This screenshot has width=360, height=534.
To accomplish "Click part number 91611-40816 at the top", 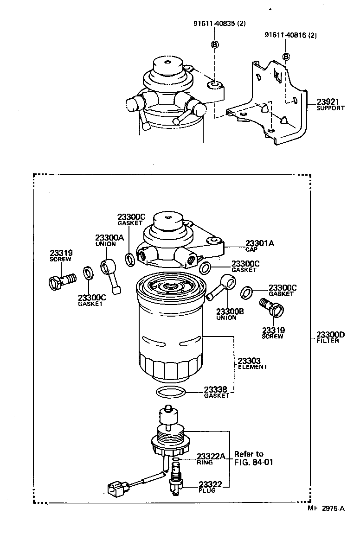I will click(291, 35).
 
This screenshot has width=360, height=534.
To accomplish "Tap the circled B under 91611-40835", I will click(215, 44).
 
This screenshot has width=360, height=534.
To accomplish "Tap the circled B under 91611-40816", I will click(286, 56).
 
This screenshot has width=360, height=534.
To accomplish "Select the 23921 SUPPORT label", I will click(330, 105).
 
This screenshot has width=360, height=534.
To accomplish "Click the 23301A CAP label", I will click(259, 246).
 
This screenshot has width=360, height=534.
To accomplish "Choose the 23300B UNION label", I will click(230, 315).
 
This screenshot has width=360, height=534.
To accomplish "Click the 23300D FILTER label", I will click(331, 337).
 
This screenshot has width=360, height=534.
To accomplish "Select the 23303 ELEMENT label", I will click(252, 363).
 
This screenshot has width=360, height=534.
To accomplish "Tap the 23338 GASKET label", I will click(217, 392).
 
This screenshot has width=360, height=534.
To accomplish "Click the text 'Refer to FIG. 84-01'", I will click(251, 458).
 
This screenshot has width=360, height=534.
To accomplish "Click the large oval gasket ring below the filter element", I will click(172, 393).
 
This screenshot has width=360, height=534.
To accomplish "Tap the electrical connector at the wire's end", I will click(115, 488).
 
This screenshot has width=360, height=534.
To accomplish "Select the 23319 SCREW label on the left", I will click(61, 255).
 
